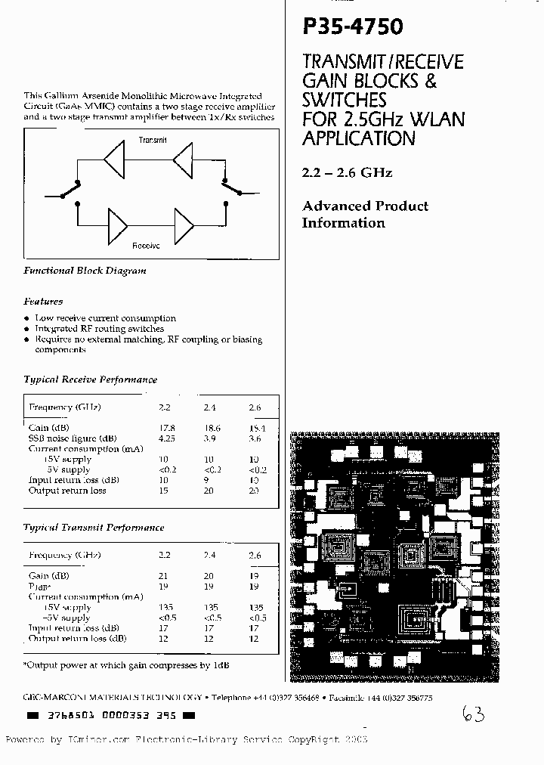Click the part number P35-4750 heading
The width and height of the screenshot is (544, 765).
pyautogui.click(x=352, y=27)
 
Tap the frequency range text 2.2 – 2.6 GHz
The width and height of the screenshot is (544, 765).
pyautogui.click(x=348, y=172)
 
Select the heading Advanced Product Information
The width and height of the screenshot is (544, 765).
pyautogui.click(x=364, y=214)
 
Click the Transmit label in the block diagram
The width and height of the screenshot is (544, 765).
pyautogui.click(x=153, y=141)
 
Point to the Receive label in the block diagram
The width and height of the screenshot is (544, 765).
pyautogui.click(x=146, y=246)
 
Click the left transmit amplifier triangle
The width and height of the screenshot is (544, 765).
pyautogui.click(x=113, y=161)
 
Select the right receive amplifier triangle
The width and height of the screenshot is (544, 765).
pyautogui.click(x=184, y=224)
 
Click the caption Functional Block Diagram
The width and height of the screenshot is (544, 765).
pyautogui.click(x=85, y=271)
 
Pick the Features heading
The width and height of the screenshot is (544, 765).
pyautogui.click(x=43, y=301)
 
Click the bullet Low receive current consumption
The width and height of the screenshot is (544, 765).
pyautogui.click(x=105, y=318)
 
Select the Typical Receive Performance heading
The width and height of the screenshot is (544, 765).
pyautogui.click(x=90, y=379)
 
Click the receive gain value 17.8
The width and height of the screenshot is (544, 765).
pyautogui.click(x=167, y=428)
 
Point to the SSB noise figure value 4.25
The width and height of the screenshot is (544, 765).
pyautogui.click(x=167, y=438)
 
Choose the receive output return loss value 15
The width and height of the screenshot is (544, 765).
pyautogui.click(x=164, y=491)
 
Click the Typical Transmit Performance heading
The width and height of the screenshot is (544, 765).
pyautogui.click(x=94, y=528)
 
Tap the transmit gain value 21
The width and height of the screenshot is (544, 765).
pyautogui.click(x=163, y=576)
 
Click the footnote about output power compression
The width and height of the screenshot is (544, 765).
pyautogui.click(x=126, y=664)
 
